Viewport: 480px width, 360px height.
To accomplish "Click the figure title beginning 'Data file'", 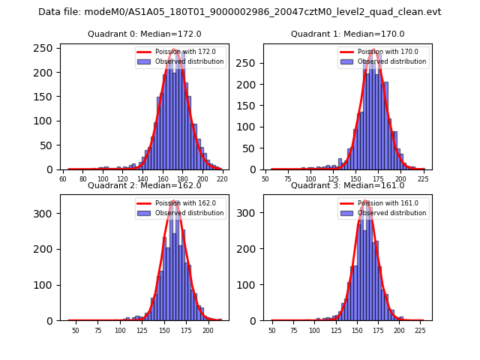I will (x=240, y=12).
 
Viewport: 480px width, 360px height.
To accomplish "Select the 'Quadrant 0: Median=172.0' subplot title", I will (x=145, y=34).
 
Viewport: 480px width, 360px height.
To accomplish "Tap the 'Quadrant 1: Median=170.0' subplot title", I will (x=347, y=34).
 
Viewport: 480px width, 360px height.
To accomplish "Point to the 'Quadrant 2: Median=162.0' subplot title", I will (x=145, y=185).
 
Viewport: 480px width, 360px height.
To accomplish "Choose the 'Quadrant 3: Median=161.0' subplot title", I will (x=347, y=185).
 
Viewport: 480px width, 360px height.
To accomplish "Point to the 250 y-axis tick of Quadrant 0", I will (x=44, y=48).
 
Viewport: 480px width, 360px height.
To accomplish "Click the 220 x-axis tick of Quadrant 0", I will (x=222, y=180).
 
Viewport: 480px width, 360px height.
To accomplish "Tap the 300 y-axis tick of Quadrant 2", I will (x=44, y=213).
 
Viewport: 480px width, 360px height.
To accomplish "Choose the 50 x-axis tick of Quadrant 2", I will (x=76, y=331).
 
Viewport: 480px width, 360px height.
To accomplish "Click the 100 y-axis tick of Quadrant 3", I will (x=247, y=285).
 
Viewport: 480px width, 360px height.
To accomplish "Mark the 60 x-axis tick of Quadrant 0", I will (x=63, y=180).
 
